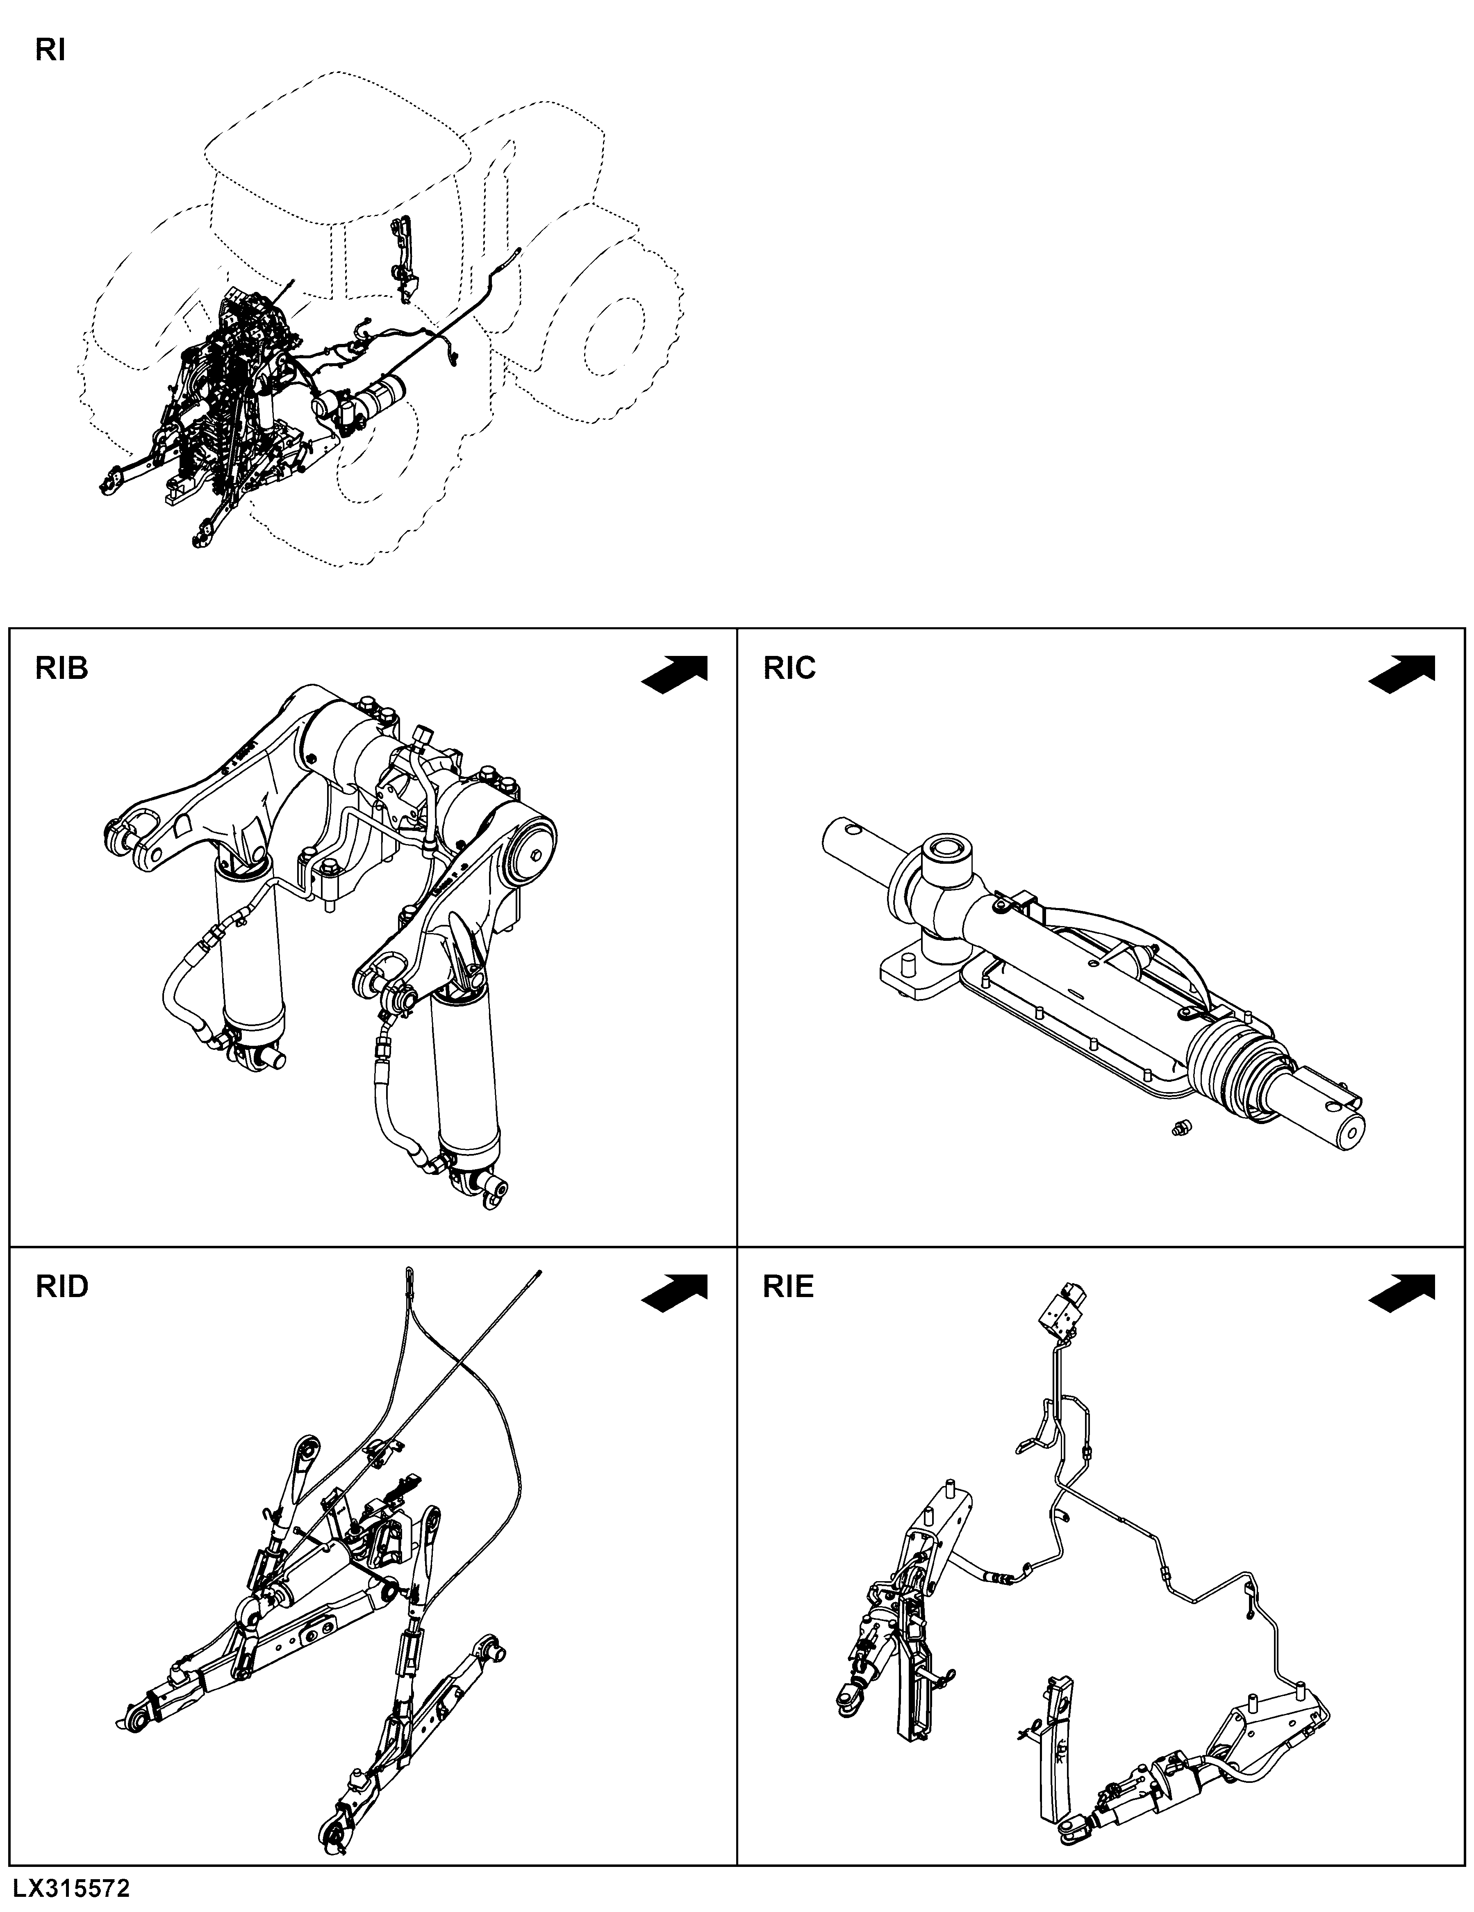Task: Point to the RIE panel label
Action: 789,1287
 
